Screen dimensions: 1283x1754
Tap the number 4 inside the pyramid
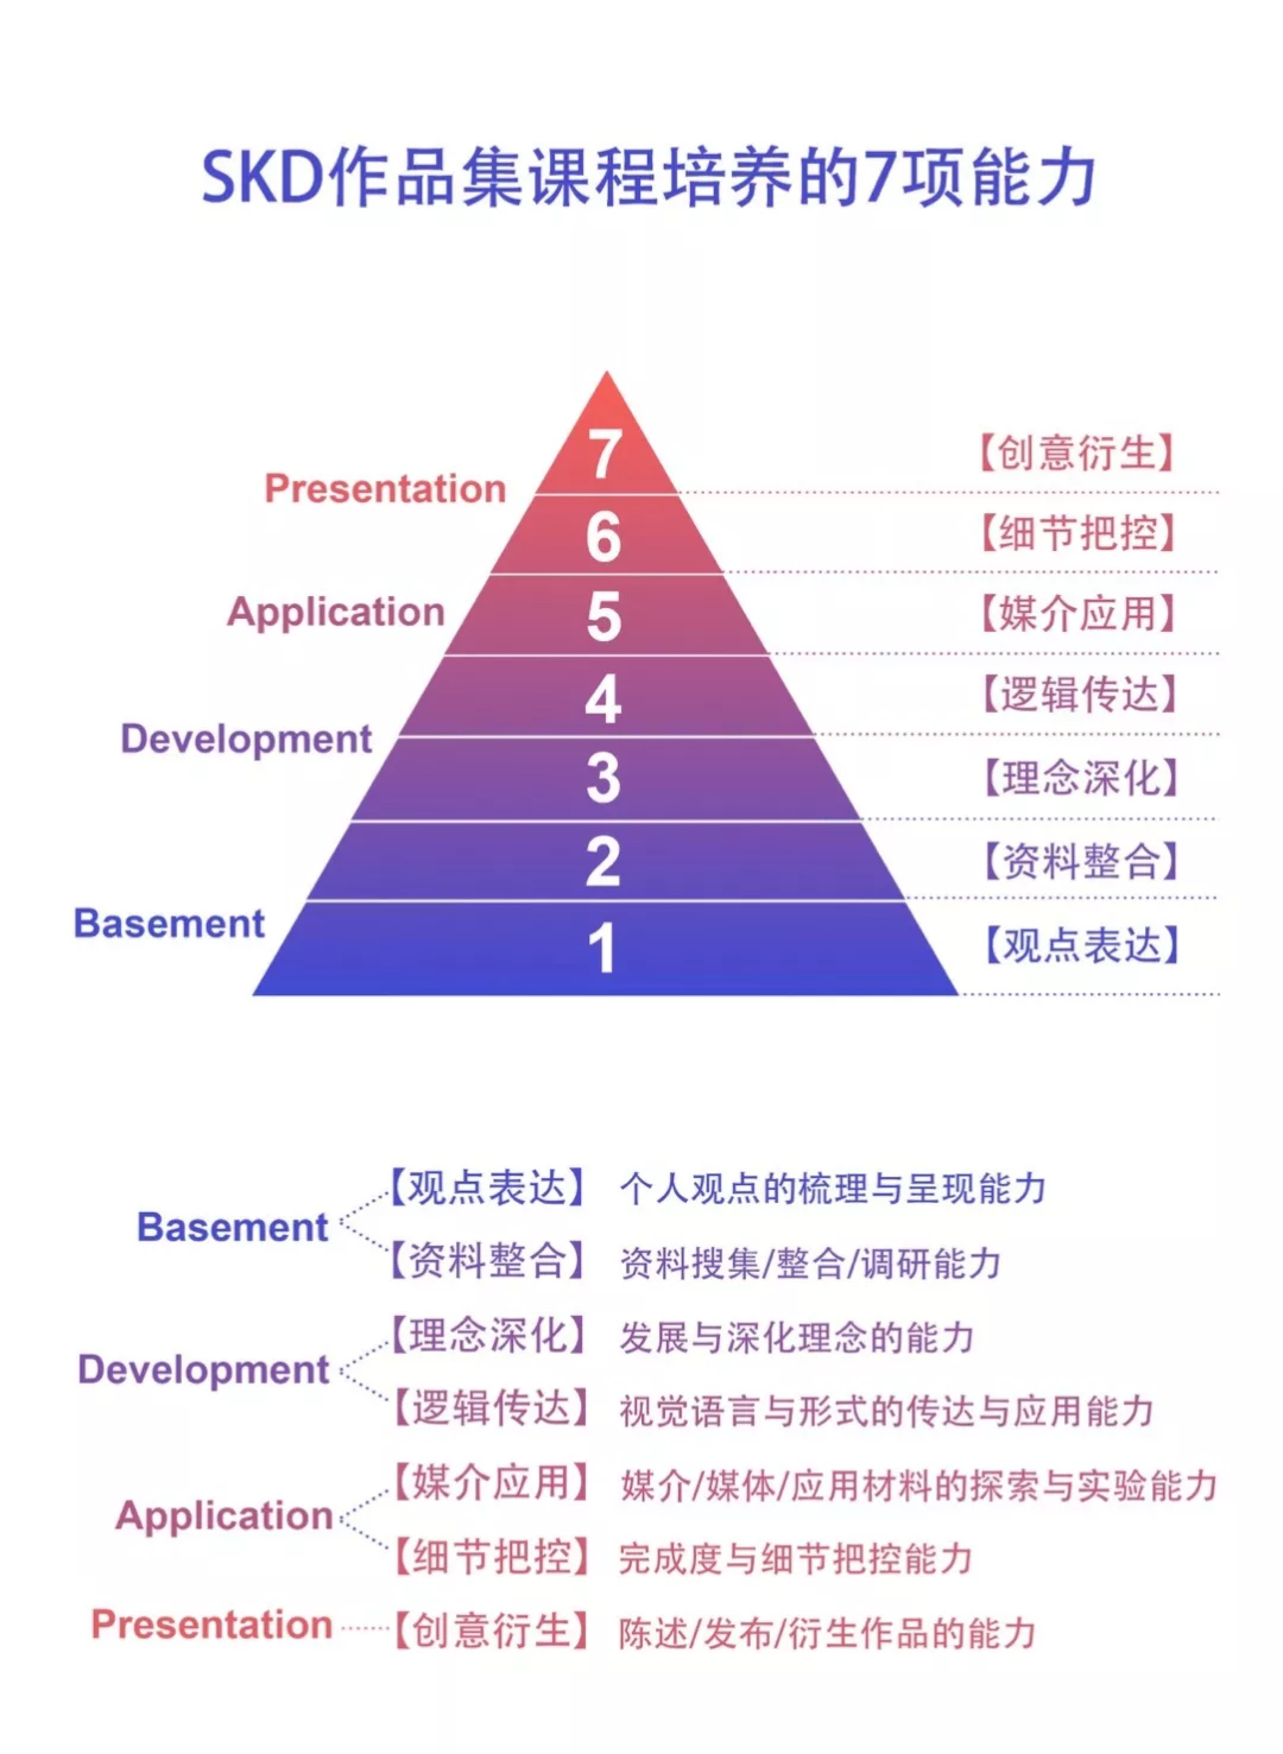coord(603,699)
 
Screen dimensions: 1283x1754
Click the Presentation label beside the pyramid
coord(385,489)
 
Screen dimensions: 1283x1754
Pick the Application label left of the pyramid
coord(336,613)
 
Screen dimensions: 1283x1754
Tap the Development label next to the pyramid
coord(246,739)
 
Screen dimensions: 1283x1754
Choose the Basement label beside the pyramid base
coord(169,923)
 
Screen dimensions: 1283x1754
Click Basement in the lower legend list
coord(232,1227)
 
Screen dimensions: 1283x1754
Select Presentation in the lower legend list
coord(212,1625)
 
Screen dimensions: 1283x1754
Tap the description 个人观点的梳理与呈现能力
coord(833,1189)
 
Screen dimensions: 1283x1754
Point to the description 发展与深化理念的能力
coord(797,1337)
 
